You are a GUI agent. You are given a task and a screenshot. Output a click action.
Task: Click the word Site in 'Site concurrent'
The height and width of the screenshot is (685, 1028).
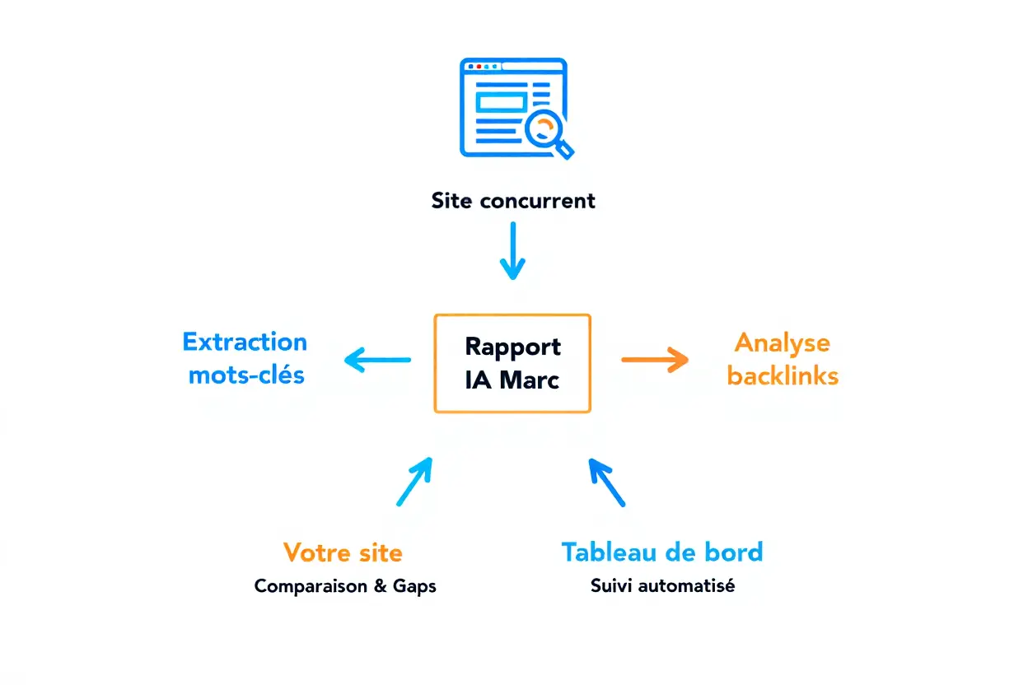pyautogui.click(x=451, y=200)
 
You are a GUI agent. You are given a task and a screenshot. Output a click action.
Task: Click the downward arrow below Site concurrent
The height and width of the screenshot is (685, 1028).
pyautogui.click(x=512, y=251)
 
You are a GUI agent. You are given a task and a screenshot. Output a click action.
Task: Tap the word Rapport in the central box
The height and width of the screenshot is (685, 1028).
pyautogui.click(x=512, y=346)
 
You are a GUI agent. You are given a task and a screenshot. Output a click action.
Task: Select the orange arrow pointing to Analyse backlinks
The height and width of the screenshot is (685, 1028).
pyautogui.click(x=655, y=360)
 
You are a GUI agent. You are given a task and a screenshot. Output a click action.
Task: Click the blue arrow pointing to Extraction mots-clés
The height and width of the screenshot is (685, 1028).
pyautogui.click(x=377, y=360)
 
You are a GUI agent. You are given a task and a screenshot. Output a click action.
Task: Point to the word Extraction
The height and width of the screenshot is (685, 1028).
pyautogui.click(x=245, y=342)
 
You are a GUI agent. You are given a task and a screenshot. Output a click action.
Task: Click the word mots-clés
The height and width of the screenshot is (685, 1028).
pyautogui.click(x=246, y=375)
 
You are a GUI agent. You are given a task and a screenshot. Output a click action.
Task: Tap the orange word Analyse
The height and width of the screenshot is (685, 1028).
pyautogui.click(x=782, y=342)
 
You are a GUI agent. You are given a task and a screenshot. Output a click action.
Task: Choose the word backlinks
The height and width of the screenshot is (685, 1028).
pyautogui.click(x=783, y=376)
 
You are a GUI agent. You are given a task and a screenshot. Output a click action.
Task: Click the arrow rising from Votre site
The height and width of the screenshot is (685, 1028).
pyautogui.click(x=414, y=482)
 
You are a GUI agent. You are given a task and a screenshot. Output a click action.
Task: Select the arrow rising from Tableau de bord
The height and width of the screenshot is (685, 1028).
pyautogui.click(x=607, y=482)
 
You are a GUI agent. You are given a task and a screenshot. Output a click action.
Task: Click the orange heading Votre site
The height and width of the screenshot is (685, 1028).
pyautogui.click(x=343, y=552)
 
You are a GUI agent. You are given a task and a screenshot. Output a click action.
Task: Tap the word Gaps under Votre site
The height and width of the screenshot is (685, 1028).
pyautogui.click(x=414, y=587)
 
